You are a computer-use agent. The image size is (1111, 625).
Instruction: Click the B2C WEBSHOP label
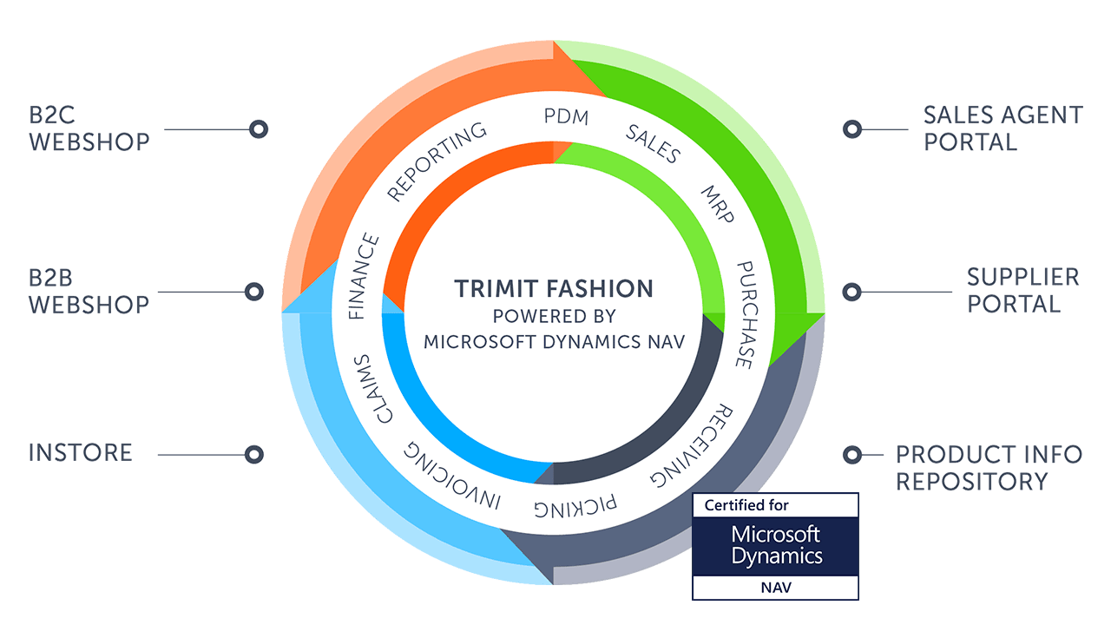89,128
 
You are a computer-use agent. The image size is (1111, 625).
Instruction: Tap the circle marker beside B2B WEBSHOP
254,292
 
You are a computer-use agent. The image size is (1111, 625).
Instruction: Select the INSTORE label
80,452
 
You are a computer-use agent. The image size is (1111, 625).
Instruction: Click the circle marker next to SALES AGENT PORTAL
852,129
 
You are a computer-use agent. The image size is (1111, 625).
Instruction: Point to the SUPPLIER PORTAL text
1023,290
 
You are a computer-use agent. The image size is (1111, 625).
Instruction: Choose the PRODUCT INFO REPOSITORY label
989,467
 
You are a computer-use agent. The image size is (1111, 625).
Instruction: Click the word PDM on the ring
566,117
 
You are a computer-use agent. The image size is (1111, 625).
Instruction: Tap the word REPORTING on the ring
437,162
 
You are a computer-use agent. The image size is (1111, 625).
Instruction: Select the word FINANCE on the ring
365,277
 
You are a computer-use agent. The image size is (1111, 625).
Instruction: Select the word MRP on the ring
718,204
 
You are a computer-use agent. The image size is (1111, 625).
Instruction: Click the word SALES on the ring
653,144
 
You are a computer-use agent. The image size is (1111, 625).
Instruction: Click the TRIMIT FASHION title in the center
555,288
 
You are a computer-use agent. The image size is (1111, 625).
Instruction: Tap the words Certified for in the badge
746,505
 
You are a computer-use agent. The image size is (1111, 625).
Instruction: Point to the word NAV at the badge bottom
775,588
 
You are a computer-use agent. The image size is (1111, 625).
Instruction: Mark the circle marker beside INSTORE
253,454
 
